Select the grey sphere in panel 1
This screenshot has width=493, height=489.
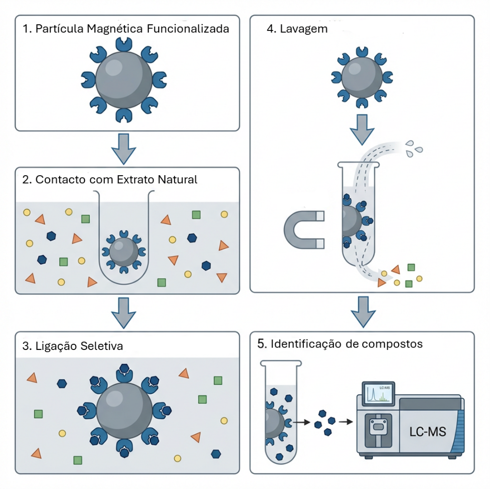[124, 79]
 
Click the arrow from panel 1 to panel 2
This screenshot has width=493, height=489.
[123, 149]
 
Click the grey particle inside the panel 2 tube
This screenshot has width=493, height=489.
[123, 252]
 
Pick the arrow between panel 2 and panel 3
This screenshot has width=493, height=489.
[123, 312]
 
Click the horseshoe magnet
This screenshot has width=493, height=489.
[301, 230]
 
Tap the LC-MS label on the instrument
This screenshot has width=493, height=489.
[428, 432]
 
